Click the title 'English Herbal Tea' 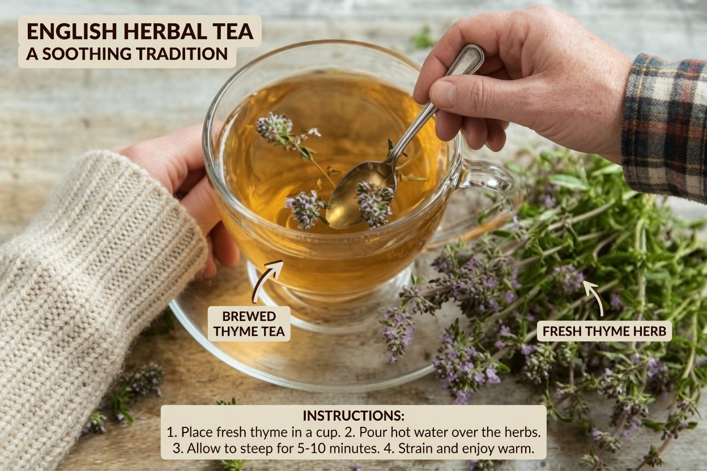coord(139,31)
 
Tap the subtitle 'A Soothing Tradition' coord(127,54)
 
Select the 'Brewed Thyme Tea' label coord(249,324)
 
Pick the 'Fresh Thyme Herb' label coord(604,331)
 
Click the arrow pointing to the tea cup coord(267,280)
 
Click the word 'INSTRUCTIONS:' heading coord(353,415)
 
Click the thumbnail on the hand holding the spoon coord(442,93)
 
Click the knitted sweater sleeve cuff coord(170,226)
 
